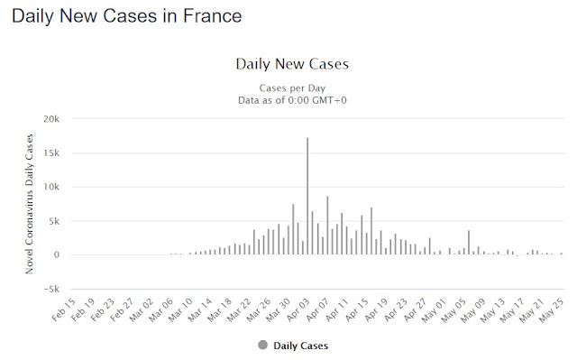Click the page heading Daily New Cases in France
click(x=126, y=16)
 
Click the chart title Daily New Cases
click(x=292, y=64)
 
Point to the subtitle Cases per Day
click(x=292, y=88)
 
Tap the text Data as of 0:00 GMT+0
click(x=292, y=100)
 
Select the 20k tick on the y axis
click(x=51, y=119)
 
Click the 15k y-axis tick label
click(x=51, y=152)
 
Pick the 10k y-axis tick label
click(x=51, y=187)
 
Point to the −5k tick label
click(x=51, y=290)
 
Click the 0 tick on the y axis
click(x=56, y=255)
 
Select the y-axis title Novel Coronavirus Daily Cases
click(x=29, y=204)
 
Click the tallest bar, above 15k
click(x=307, y=196)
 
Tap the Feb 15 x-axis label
click(x=64, y=309)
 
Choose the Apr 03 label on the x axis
click(x=298, y=309)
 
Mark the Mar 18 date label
click(x=220, y=309)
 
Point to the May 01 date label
click(x=435, y=309)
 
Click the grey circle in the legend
click(x=262, y=346)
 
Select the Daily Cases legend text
click(x=300, y=346)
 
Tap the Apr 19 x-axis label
click(x=376, y=309)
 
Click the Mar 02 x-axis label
click(x=142, y=309)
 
